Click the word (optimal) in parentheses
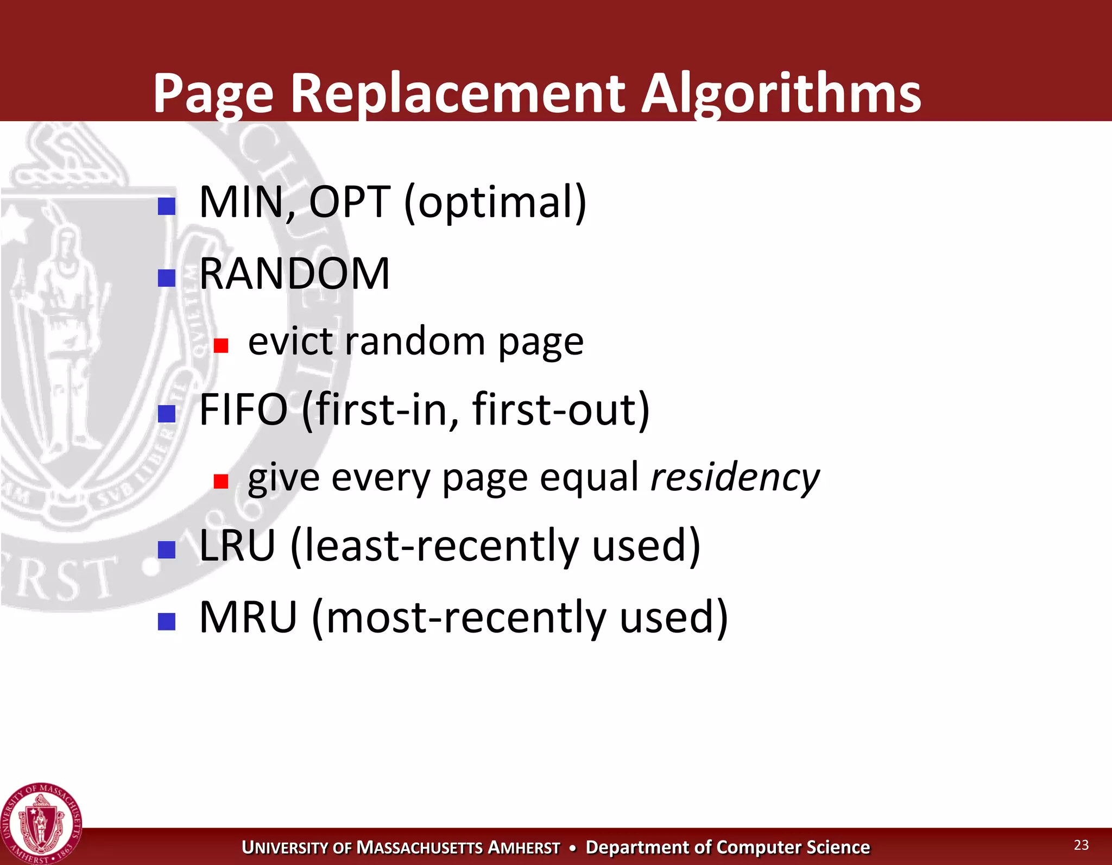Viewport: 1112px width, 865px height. coord(495,203)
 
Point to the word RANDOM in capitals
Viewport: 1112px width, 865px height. coord(294,274)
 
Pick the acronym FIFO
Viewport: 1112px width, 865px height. coord(243,409)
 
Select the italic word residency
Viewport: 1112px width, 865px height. coord(735,477)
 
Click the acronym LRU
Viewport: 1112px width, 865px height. coord(237,545)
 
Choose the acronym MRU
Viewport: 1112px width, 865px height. coord(248,617)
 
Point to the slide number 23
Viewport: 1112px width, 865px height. coord(1081,845)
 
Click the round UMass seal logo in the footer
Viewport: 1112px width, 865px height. coord(41,823)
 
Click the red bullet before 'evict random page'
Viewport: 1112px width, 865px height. coord(220,345)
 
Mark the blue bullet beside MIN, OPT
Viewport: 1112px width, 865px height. coord(166,206)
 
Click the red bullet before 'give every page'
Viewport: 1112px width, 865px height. coord(220,481)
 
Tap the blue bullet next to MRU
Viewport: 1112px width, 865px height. coord(166,621)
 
